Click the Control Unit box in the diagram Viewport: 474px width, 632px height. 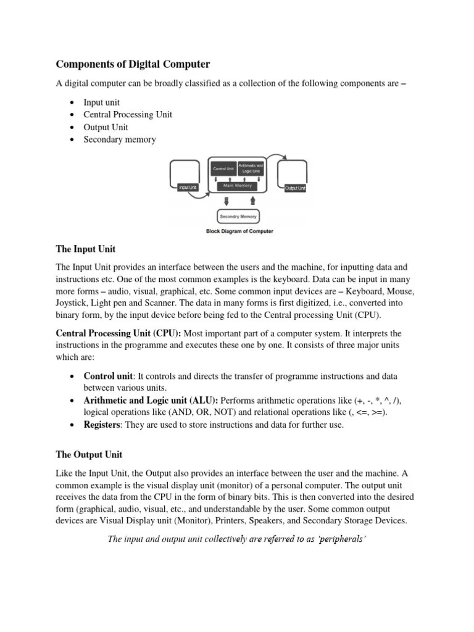click(x=223, y=168)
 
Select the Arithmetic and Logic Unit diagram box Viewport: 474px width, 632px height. click(x=251, y=168)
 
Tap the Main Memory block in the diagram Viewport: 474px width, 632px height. click(x=238, y=185)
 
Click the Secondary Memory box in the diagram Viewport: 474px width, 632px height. click(x=238, y=217)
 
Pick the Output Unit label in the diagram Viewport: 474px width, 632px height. click(x=295, y=188)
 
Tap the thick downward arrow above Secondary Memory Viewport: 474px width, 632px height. click(x=227, y=201)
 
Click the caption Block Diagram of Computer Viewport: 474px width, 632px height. click(x=239, y=231)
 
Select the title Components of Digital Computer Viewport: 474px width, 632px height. click(x=133, y=64)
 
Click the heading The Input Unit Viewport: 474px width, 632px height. click(x=86, y=249)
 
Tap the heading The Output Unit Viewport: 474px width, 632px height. click(x=89, y=454)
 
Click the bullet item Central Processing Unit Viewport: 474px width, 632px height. click(x=128, y=115)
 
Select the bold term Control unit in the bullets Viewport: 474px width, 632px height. click(x=108, y=376)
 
